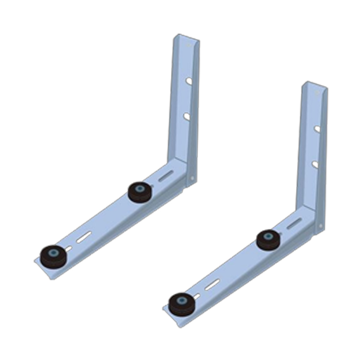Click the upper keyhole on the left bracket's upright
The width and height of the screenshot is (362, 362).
pyautogui.click(x=189, y=81)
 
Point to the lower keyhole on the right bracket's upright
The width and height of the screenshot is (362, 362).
pyautogui.click(x=314, y=164)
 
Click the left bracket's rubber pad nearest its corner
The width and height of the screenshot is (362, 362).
pyautogui.click(x=140, y=192)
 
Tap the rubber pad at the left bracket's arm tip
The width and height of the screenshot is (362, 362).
pyautogui.click(x=53, y=255)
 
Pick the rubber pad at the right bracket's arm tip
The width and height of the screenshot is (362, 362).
pyautogui.click(x=181, y=303)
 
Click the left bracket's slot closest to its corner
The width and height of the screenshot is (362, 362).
pyautogui.click(x=166, y=176)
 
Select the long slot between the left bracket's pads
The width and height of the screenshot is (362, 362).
pyautogui.click(x=84, y=237)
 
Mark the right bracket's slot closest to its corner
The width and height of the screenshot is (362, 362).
pyautogui.click(x=294, y=223)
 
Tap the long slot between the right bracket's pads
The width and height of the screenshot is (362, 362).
pyautogui.click(x=212, y=285)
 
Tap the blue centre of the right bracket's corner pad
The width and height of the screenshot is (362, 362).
pyautogui.click(x=268, y=237)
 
